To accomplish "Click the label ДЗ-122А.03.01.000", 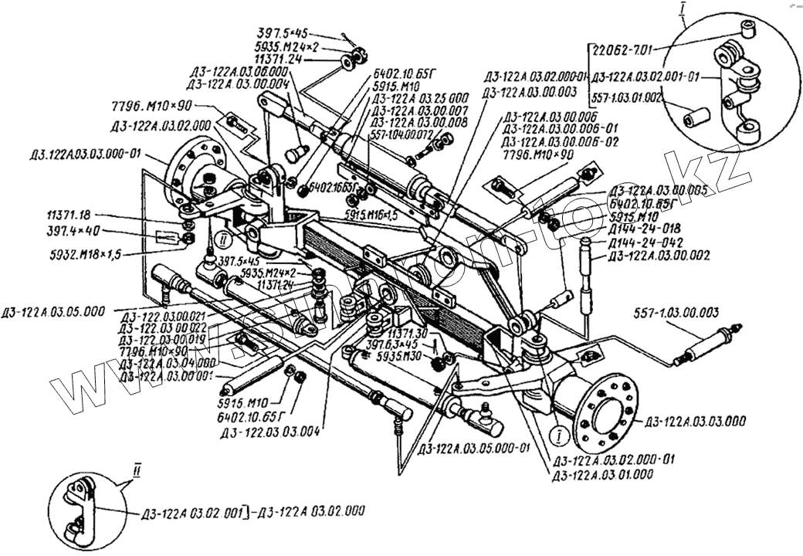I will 602,474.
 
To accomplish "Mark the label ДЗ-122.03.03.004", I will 270,432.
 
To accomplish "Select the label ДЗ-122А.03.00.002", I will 650,255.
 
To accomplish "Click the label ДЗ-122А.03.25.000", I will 419,98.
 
